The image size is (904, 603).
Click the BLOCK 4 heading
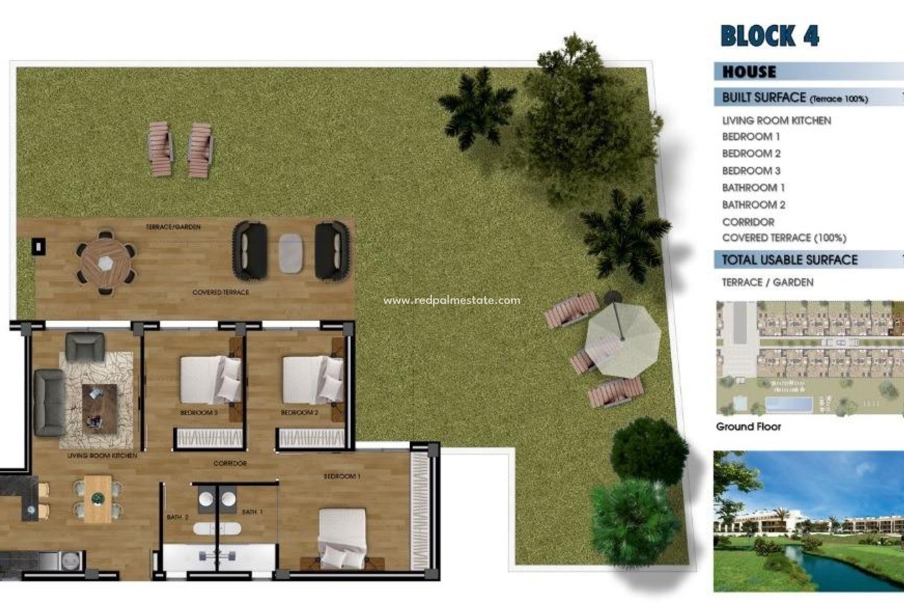tap(770, 36)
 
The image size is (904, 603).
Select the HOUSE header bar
tap(808, 72)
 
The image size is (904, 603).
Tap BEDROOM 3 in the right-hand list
tap(751, 171)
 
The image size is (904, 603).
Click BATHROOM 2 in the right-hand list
tap(753, 204)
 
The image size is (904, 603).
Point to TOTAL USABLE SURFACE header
tap(790, 260)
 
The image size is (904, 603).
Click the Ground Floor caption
tap(748, 427)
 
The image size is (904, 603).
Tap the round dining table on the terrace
tap(106, 262)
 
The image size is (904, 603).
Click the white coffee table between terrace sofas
tap(291, 253)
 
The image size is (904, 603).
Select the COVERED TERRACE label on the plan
tap(220, 293)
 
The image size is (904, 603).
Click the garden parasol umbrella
tap(622, 339)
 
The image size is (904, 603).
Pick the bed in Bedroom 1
tap(342, 537)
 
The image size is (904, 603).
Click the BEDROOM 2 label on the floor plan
tap(299, 413)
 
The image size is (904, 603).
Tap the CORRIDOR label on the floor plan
tap(230, 464)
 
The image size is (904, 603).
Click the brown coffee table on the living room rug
tap(99, 408)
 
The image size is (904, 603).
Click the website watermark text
tap(452, 300)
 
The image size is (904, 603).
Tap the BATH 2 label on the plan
tap(178, 517)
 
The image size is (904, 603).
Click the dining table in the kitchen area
tap(98, 498)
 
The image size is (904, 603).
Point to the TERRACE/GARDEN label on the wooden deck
tap(173, 227)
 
